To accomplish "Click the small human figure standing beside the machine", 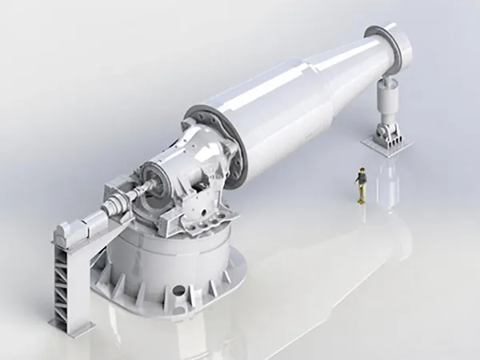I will [362, 184].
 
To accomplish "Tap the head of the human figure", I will [362, 170].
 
